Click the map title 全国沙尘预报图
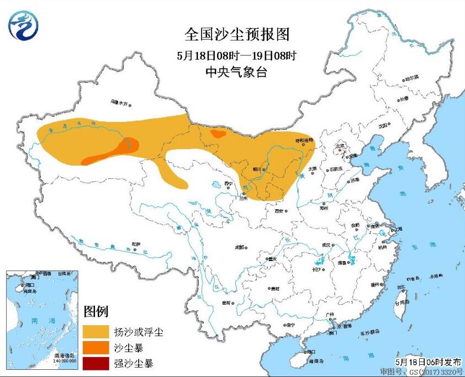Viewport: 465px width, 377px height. [236, 35]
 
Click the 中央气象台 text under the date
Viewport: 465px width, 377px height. [236, 72]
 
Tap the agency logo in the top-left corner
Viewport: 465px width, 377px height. [23, 26]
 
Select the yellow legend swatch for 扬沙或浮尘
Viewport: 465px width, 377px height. [97, 332]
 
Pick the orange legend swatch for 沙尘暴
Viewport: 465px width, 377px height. [97, 348]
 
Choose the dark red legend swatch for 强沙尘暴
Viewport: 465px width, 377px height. [97, 363]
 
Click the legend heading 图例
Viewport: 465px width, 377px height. [96, 311]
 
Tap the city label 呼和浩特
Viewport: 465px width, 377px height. [304, 141]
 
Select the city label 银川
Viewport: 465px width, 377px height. [257, 170]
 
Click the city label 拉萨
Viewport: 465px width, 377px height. [136, 243]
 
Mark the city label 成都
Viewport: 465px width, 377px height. [239, 247]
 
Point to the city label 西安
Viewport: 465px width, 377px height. [278, 211]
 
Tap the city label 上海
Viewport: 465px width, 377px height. [395, 229]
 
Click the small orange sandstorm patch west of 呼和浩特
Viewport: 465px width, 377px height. [219, 134]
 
